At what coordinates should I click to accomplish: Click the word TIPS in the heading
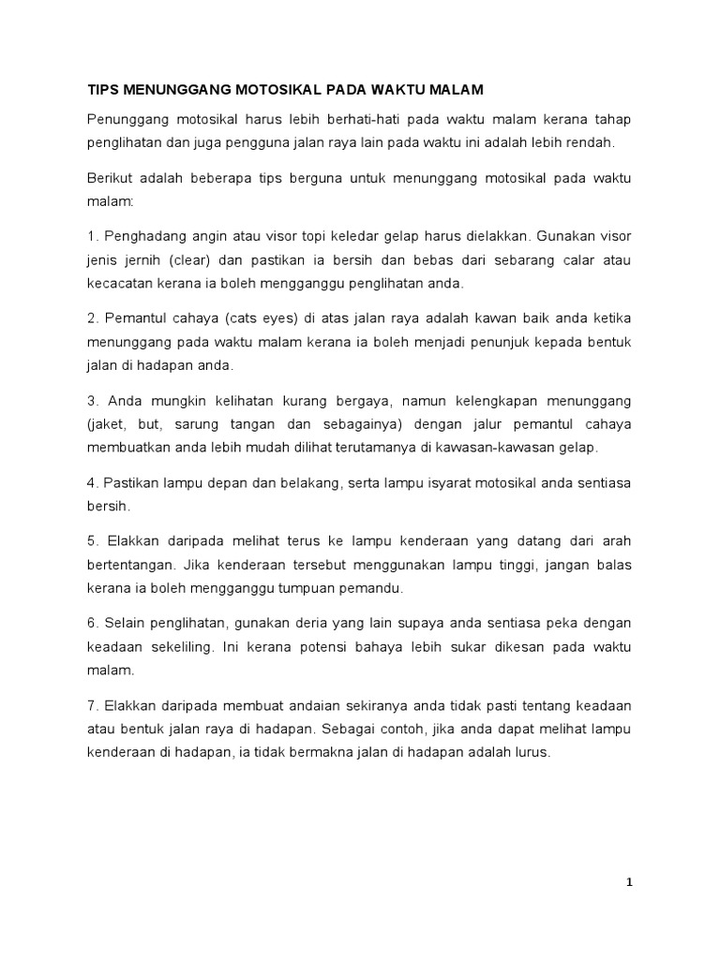(x=104, y=90)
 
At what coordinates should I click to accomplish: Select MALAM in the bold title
(x=455, y=90)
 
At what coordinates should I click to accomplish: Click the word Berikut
(x=113, y=177)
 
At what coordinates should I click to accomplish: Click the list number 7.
(x=91, y=705)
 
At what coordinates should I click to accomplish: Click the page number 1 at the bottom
(x=629, y=882)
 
